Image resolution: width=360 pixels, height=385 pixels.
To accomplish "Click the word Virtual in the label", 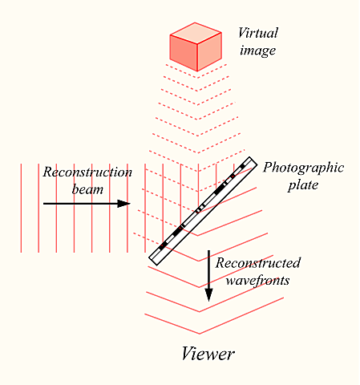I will (257, 33).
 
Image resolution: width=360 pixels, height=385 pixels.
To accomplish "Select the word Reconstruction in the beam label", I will (86, 172).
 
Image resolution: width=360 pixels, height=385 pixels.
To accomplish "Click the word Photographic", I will (303, 168).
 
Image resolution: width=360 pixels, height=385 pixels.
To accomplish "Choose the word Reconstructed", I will (258, 263).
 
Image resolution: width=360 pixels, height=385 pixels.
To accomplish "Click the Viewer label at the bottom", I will (208, 354).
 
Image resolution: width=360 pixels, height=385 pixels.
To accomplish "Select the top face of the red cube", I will (195, 31).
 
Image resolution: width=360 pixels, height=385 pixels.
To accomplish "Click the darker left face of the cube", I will (183, 52).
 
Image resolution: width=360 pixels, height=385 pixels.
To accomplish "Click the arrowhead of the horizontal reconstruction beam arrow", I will (124, 204).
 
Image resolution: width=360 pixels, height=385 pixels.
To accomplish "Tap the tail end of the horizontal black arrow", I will (44, 204).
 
